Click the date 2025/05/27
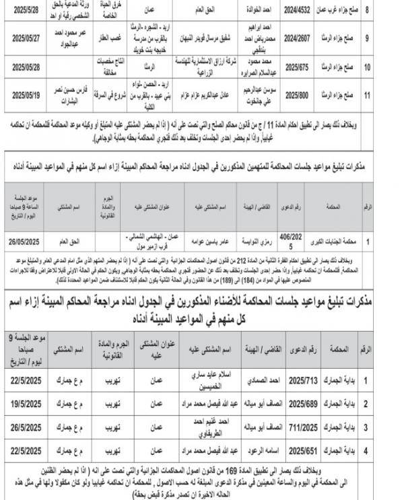[24, 39]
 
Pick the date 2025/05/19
[24, 96]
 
